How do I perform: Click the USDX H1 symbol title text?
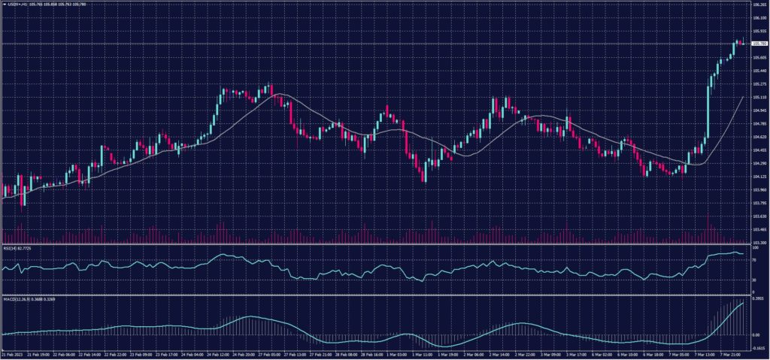click(15, 5)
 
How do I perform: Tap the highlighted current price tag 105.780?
click(759, 44)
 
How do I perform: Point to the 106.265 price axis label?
click(759, 5)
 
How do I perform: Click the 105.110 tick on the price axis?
click(759, 97)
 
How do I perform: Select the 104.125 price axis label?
click(759, 177)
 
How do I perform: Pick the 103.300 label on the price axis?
click(759, 243)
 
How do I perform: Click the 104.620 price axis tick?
click(759, 137)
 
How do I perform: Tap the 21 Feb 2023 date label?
click(13, 354)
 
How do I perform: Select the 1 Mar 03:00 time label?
click(397, 354)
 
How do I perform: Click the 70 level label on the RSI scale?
click(753, 259)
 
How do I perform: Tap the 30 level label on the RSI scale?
click(753, 280)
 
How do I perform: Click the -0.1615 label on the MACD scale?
click(758, 349)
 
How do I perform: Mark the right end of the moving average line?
click(744, 97)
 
